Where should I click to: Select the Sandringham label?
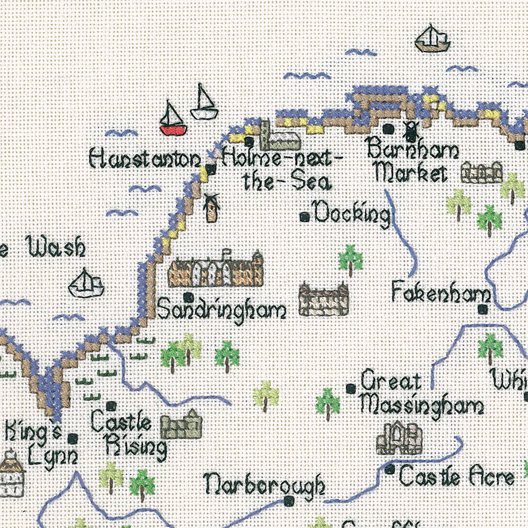pos(221,310)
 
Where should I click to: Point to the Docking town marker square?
pos(304,216)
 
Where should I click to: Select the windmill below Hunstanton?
pos(212,208)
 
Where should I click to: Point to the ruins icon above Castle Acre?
pos(400,438)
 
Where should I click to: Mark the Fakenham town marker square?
pos(482,309)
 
